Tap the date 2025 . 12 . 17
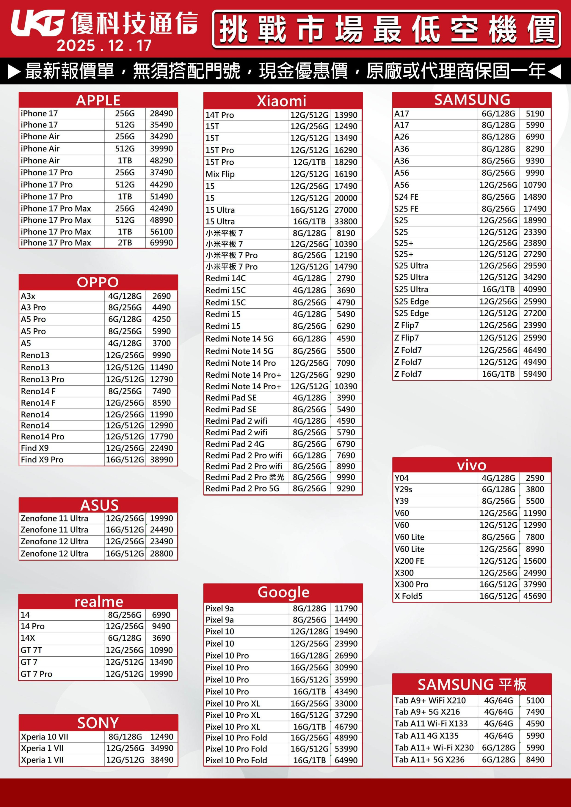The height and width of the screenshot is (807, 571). tap(104, 45)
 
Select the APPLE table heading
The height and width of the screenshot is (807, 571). tap(98, 100)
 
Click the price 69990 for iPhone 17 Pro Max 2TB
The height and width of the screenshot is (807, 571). tap(161, 242)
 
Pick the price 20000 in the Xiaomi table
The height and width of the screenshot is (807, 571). tap(346, 198)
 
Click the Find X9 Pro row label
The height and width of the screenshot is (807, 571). tap(42, 459)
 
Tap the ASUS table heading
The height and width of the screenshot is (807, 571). tap(99, 505)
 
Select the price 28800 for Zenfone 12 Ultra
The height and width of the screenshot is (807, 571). tap(161, 553)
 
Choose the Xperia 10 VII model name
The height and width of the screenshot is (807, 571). tap(44, 736)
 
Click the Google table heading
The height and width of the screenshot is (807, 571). tap(283, 592)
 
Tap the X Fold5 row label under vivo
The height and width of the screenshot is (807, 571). tap(408, 596)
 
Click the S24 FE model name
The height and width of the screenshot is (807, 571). tap(406, 197)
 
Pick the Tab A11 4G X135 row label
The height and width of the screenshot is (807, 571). tap(426, 736)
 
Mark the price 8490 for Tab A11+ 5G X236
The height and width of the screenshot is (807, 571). tap(535, 759)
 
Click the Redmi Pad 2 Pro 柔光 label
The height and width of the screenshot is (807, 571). tap(244, 477)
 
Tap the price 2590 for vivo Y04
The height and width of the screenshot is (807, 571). tap(535, 478)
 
